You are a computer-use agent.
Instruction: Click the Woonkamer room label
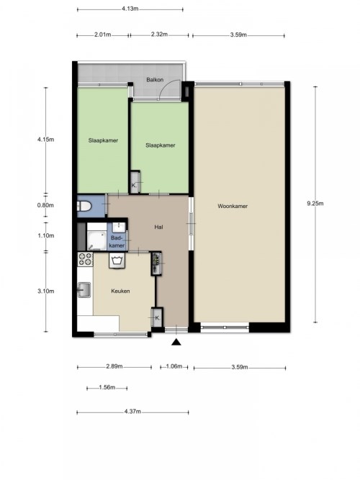tap(233, 206)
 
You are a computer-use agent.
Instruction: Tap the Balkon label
tap(155, 80)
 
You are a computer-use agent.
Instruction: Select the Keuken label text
tap(120, 291)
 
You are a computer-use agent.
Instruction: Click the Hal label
tap(158, 227)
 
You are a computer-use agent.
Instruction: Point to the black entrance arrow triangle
tap(176, 342)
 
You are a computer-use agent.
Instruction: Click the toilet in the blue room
tap(84, 206)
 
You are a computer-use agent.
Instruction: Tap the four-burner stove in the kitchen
tap(85, 259)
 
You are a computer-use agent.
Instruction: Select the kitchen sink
tap(84, 289)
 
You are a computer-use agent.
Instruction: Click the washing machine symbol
tap(117, 261)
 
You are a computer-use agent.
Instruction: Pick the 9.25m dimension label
tap(315, 203)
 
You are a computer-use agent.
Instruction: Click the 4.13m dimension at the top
tap(130, 9)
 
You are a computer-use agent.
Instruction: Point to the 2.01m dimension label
tap(103, 35)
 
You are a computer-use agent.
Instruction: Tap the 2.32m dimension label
tap(159, 35)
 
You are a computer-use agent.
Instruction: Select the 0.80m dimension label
tap(45, 205)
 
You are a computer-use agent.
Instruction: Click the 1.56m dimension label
tap(107, 387)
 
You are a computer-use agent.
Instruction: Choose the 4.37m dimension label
tap(132, 412)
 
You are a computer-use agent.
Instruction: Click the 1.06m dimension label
tap(174, 366)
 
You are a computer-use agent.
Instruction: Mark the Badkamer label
tap(117, 242)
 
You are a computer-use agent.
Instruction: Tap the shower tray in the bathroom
tap(96, 241)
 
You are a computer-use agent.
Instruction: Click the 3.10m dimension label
tap(46, 291)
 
